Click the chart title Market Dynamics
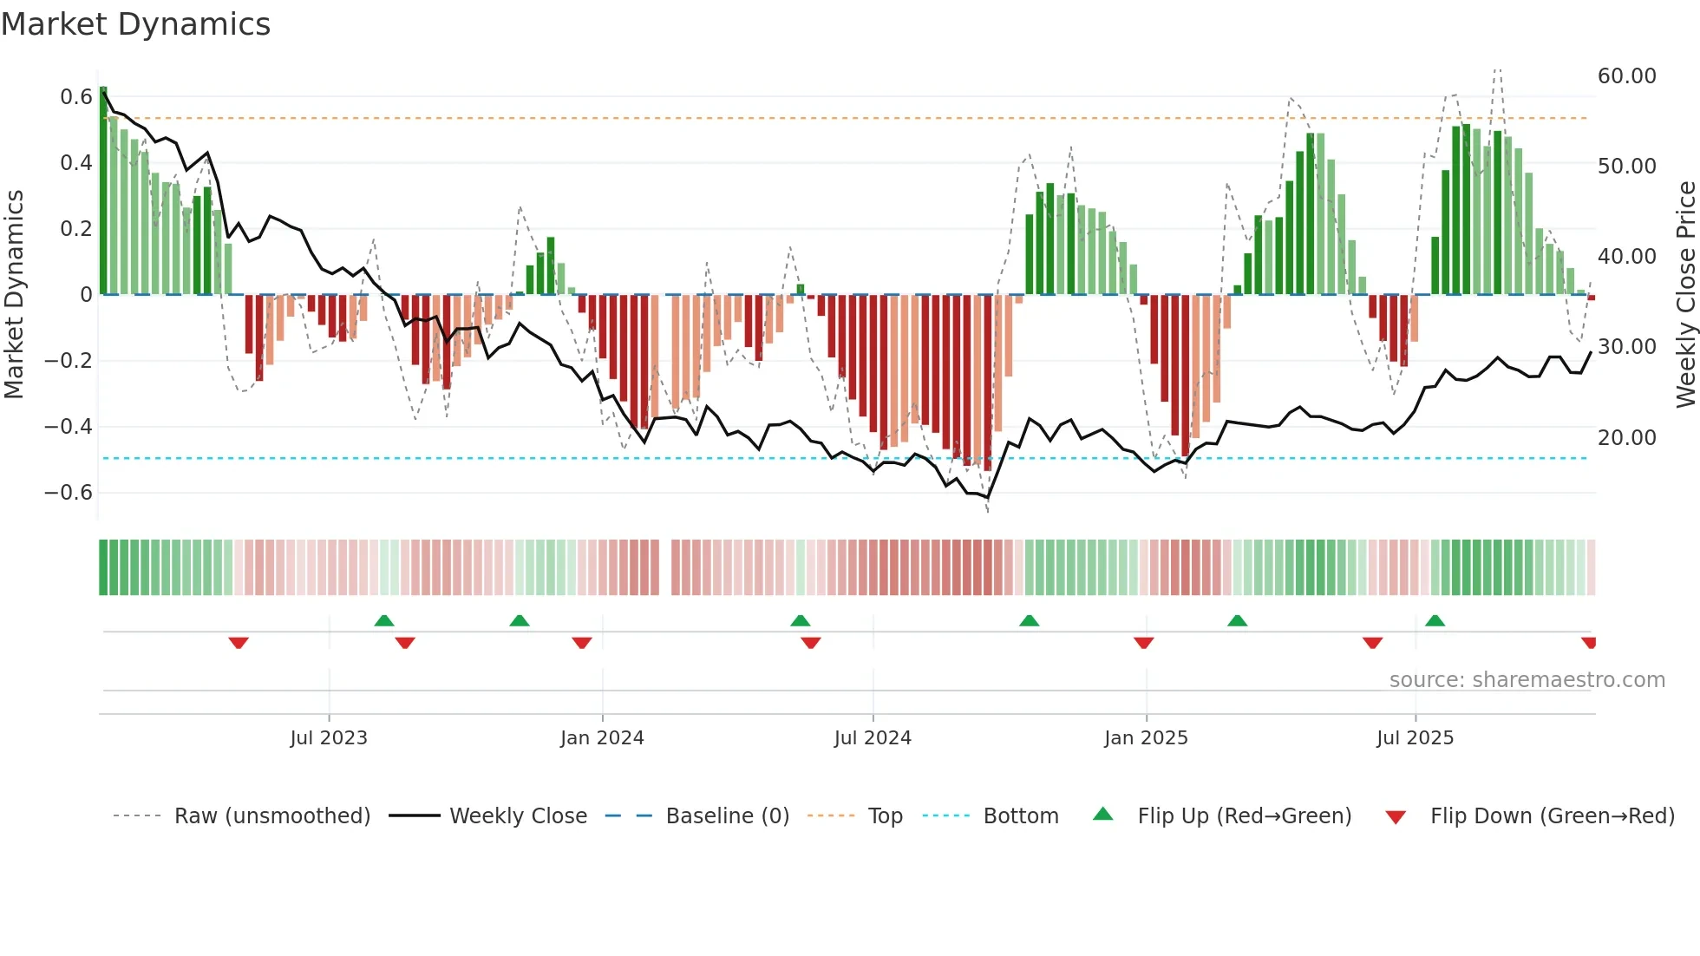tap(135, 24)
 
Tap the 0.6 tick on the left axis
tap(76, 97)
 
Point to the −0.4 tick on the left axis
tap(69, 427)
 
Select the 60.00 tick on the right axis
tap(1626, 76)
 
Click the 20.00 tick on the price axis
tap(1626, 438)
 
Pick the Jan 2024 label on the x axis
tap(602, 738)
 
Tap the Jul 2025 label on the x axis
tap(1415, 738)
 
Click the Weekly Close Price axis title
tap(1685, 295)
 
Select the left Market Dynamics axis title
tap(15, 295)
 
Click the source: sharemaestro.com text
tap(1527, 680)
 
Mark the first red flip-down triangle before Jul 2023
tap(239, 643)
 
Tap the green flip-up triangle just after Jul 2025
tap(1435, 620)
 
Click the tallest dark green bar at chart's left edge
tap(103, 191)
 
